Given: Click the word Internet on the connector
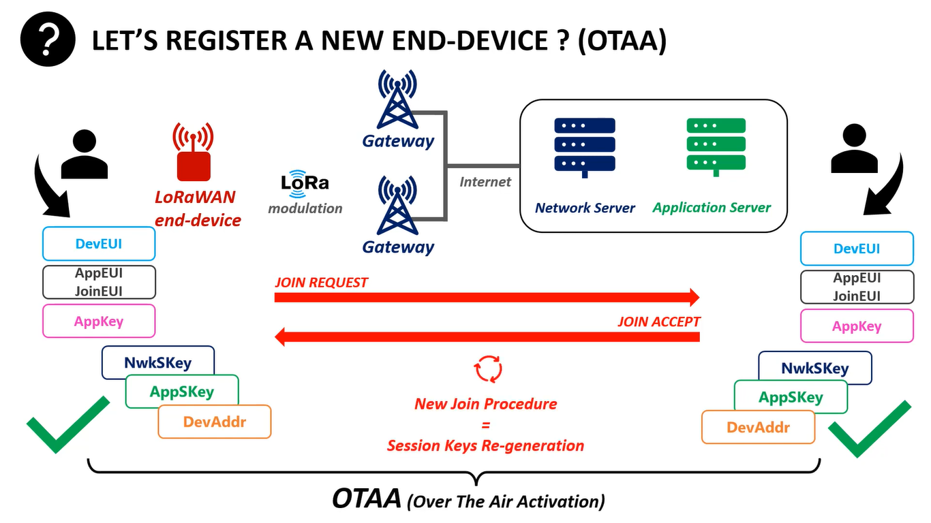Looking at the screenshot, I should (x=485, y=182).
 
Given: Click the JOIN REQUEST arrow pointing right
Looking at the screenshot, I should (x=487, y=298).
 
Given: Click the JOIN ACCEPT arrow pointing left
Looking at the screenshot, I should (x=487, y=336).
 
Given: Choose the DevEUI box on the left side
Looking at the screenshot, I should (x=99, y=244).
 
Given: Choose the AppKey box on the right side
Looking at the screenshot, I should (x=857, y=326).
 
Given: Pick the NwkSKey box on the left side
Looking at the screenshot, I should (x=158, y=362).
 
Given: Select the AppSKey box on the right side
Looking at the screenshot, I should (x=791, y=397).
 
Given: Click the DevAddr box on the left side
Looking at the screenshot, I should (x=215, y=422).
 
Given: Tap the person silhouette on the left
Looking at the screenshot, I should (x=84, y=155).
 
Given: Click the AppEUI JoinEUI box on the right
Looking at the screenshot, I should (x=857, y=287).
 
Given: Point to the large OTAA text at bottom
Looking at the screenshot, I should (x=366, y=499).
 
